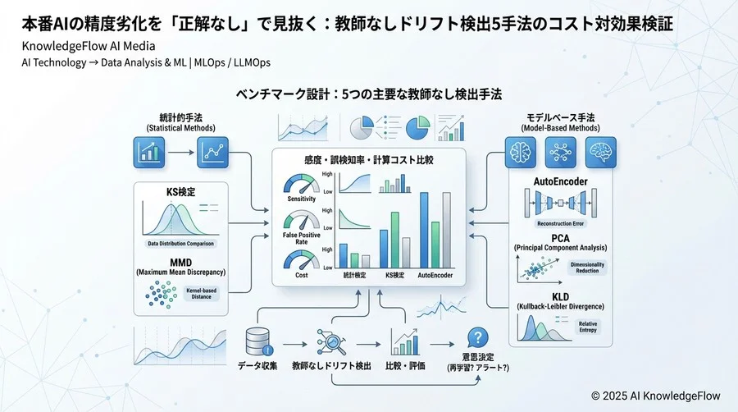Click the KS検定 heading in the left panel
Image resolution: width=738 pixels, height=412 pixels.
pyautogui.click(x=180, y=191)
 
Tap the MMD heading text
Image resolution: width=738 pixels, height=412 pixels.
pyautogui.click(x=180, y=262)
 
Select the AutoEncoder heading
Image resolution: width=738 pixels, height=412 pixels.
pyautogui.click(x=559, y=181)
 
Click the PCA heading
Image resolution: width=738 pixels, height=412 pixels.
pyautogui.click(x=559, y=237)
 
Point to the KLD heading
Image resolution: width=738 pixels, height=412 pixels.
pyautogui.click(x=559, y=296)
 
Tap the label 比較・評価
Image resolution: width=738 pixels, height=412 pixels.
pyautogui.click(x=405, y=364)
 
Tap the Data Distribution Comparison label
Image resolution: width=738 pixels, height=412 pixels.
pyautogui.click(x=180, y=244)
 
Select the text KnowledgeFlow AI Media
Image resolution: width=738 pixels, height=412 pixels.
pyautogui.click(x=79, y=46)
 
